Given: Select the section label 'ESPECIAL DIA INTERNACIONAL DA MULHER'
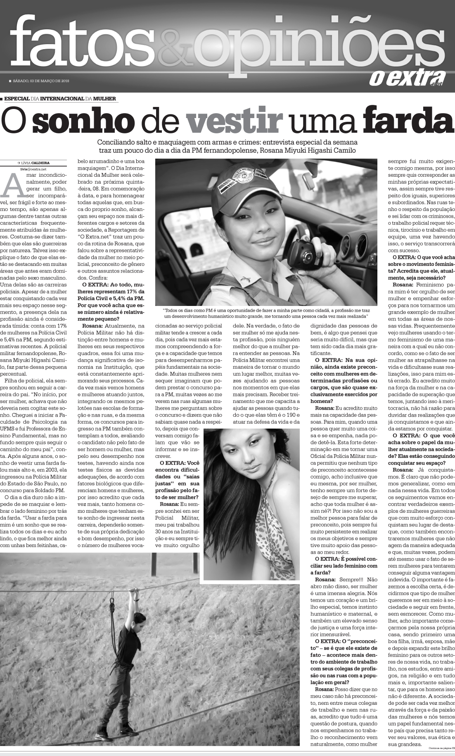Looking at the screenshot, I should point(60,99).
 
